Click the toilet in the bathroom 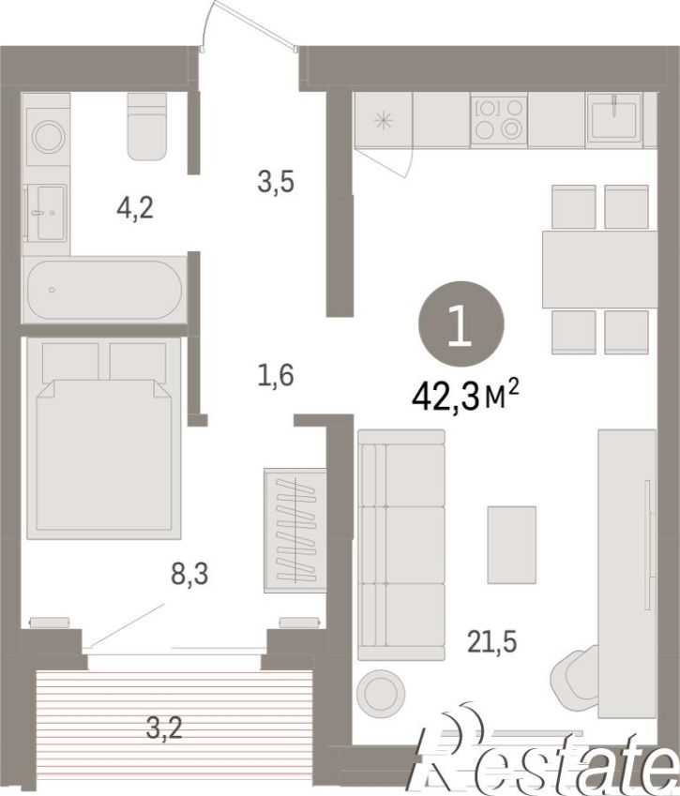(x=146, y=126)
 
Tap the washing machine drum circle (x=49, y=136)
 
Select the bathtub (x=104, y=290)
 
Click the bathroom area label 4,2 (x=135, y=208)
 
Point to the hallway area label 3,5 (x=276, y=182)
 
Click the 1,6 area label (x=276, y=376)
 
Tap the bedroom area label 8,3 (x=189, y=576)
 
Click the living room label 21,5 (x=492, y=641)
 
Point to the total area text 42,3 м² (x=466, y=396)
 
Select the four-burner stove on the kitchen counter (x=499, y=119)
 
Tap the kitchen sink (x=614, y=119)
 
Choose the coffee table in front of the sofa (x=511, y=545)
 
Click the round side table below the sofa (x=381, y=694)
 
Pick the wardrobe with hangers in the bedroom (x=295, y=530)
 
